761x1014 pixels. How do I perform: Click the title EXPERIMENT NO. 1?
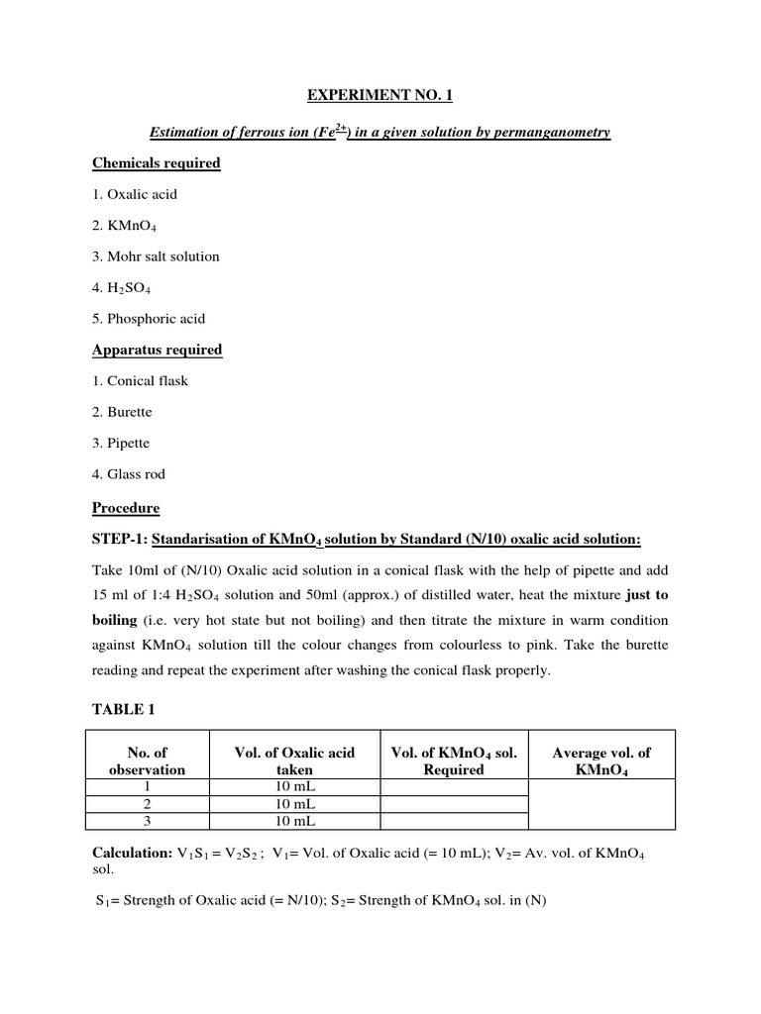click(380, 96)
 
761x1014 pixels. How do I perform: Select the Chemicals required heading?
click(157, 162)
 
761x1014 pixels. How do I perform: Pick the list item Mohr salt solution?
click(156, 256)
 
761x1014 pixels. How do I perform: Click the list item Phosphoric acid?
click(149, 319)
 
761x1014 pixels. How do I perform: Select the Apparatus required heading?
click(157, 350)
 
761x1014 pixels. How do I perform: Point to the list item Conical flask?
click(140, 380)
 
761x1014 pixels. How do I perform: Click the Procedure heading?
click(126, 508)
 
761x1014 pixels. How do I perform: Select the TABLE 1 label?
click(124, 710)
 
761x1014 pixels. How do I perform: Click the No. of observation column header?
click(147, 760)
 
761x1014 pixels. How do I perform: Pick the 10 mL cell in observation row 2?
click(294, 803)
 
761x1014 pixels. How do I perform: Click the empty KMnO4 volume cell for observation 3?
click(454, 820)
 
